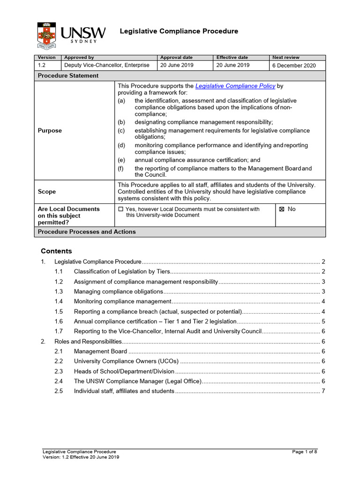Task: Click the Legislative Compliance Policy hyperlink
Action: pos(235,86)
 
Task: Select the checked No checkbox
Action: pos(282,209)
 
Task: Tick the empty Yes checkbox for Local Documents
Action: pos(120,209)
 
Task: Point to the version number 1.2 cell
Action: pos(44,65)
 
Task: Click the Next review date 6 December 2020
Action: pos(294,66)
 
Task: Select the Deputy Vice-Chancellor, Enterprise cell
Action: pos(107,65)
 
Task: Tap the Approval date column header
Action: pos(176,57)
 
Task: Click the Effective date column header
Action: pos(232,57)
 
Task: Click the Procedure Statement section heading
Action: pos(68,75)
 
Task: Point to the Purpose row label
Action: pos(50,131)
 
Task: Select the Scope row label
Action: pos(47,192)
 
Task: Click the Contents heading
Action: pos(56,251)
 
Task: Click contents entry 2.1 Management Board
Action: pos(100,351)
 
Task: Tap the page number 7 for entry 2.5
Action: pos(323,391)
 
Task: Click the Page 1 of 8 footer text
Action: pos(305,451)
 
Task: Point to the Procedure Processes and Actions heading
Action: pos(87,232)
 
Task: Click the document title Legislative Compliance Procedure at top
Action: pos(179,31)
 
